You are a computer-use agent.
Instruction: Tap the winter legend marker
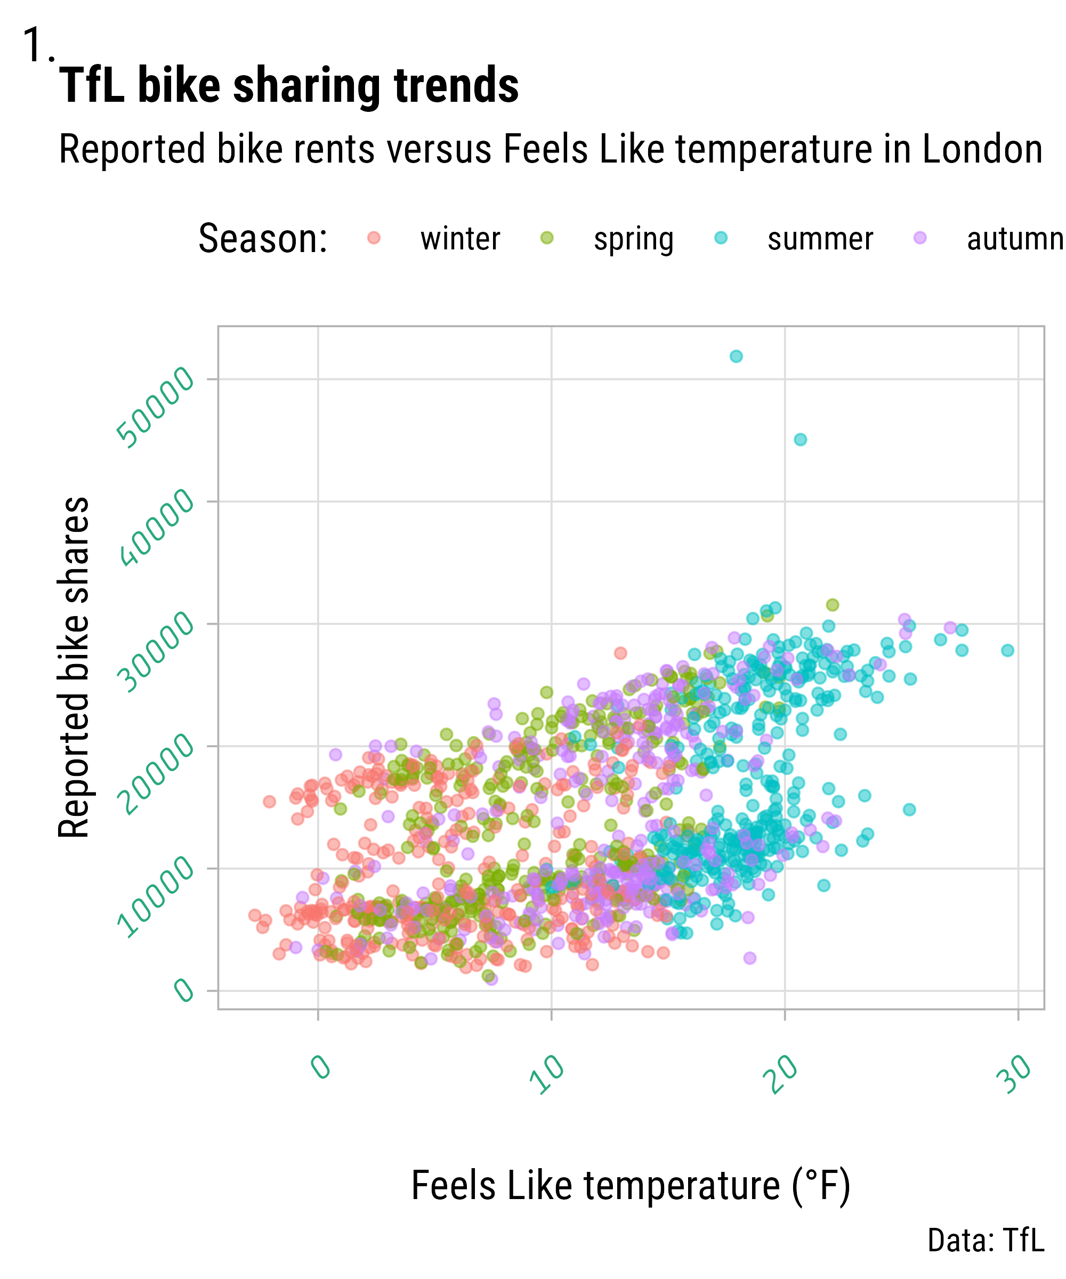pyautogui.click(x=374, y=238)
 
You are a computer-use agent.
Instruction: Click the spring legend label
pyautogui.click(x=634, y=239)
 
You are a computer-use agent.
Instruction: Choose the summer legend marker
pyautogui.click(x=721, y=238)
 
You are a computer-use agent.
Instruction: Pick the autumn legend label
pyautogui.click(x=1015, y=239)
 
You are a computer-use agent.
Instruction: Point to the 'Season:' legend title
pyautogui.click(x=263, y=238)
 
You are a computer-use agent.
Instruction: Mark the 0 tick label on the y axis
pyautogui.click(x=184, y=989)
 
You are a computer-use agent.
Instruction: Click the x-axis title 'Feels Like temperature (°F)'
pyautogui.click(x=631, y=1186)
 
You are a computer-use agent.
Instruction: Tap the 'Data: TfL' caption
pyautogui.click(x=985, y=1241)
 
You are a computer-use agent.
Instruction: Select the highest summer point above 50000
pyautogui.click(x=736, y=357)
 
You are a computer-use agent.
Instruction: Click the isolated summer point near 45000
pyautogui.click(x=801, y=440)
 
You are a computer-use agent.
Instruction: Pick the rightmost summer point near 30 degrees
pyautogui.click(x=1007, y=651)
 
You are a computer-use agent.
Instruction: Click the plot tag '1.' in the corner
pyautogui.click(x=38, y=46)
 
